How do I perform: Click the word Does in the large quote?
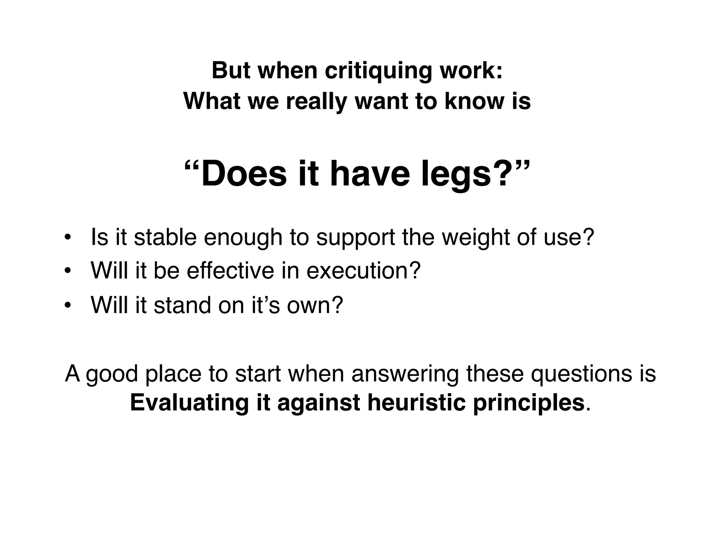[x=244, y=174]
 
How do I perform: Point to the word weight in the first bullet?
[x=475, y=238]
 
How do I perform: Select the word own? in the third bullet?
[x=315, y=305]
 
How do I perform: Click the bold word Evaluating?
[x=189, y=403]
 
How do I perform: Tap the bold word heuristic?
[x=416, y=403]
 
